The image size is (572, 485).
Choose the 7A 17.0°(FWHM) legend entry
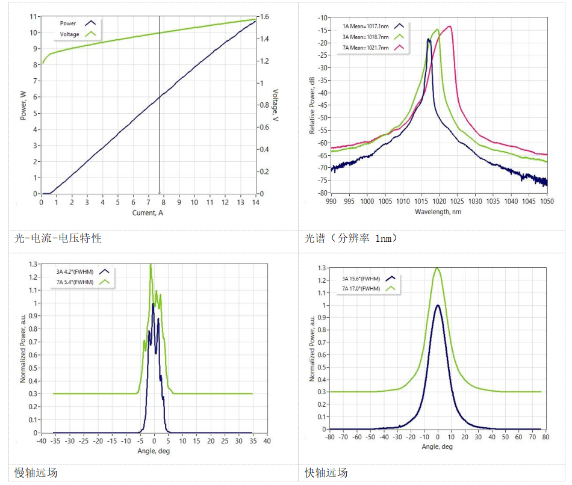(362, 288)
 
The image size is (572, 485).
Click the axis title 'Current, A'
(148, 213)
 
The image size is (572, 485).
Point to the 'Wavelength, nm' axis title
(438, 212)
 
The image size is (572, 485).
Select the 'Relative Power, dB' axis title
(312, 105)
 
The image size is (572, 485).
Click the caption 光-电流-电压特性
(58, 238)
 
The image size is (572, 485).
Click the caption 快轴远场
(326, 472)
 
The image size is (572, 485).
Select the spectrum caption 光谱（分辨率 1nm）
(352, 238)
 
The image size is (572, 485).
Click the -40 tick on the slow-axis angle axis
(40, 440)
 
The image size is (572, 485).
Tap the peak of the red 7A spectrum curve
(449, 26)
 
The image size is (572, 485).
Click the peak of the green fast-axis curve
(438, 268)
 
